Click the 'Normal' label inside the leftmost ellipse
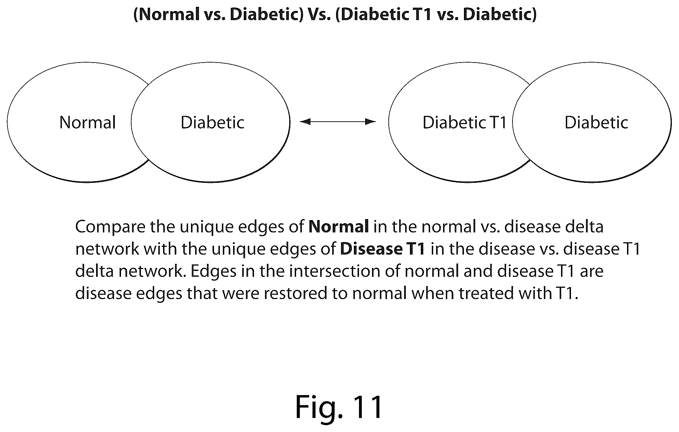[x=88, y=122]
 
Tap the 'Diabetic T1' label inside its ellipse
[x=465, y=122]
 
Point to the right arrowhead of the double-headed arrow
[x=371, y=121]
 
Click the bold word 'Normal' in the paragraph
[x=338, y=227]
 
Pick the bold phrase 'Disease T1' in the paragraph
[x=383, y=249]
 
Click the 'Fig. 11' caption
[x=339, y=406]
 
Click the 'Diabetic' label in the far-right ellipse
[x=596, y=122]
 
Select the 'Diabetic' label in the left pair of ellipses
[x=213, y=122]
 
